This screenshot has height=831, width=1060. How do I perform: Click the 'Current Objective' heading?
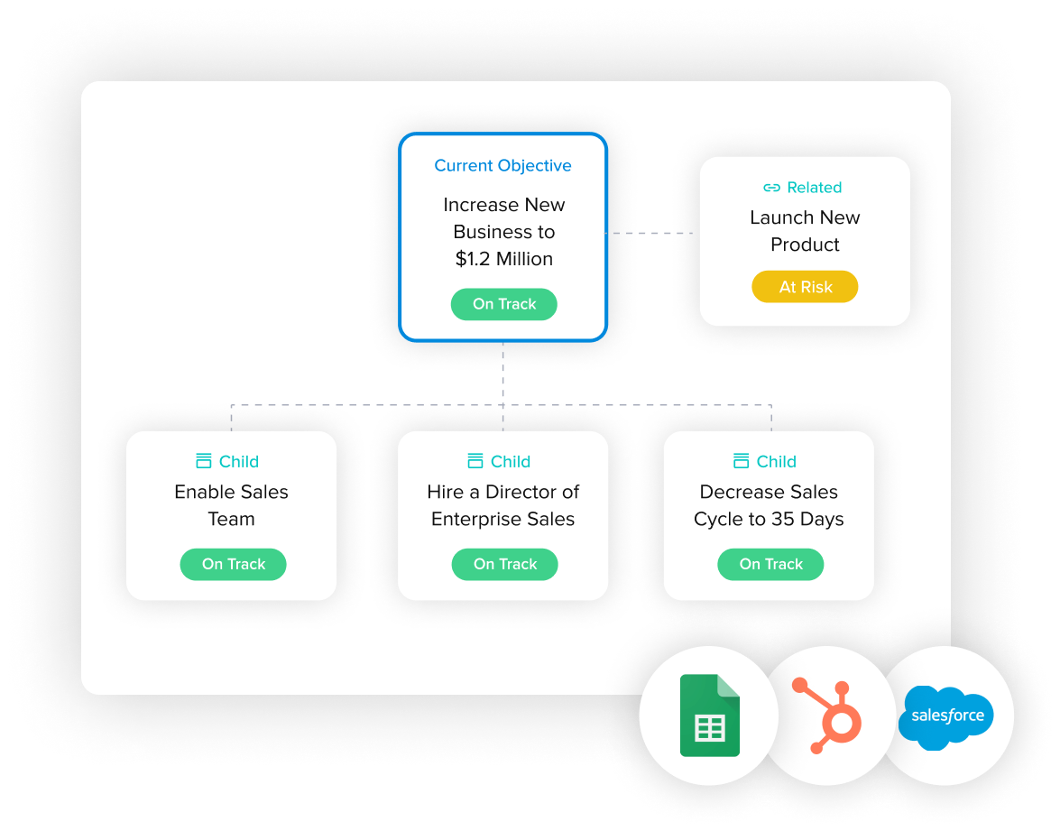(502, 166)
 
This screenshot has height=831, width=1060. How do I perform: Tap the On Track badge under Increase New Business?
(504, 304)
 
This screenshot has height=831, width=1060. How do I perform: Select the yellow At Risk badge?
(805, 287)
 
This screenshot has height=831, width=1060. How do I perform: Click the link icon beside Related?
(771, 188)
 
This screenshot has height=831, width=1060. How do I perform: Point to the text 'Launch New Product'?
(805, 231)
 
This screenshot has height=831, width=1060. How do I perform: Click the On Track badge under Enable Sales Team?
(234, 564)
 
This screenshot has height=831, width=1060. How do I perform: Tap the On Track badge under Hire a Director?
(505, 564)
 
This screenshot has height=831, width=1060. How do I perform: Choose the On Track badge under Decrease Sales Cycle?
(770, 564)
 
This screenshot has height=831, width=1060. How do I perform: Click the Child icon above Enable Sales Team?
(204, 461)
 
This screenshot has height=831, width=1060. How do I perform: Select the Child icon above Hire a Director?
(475, 461)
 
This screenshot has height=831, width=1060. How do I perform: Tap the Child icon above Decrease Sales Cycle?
(742, 461)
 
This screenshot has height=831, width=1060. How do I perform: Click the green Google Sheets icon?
(709, 716)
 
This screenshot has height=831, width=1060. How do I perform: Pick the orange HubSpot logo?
(828, 715)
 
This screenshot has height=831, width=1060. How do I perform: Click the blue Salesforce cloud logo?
(946, 716)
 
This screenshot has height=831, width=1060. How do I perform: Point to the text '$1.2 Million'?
(504, 259)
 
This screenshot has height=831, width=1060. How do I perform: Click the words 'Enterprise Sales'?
(502, 519)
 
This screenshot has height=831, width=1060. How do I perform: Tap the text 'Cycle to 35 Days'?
(769, 519)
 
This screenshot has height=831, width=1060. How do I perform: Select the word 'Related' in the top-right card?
(814, 188)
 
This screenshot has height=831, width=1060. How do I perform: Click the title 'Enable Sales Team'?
(231, 505)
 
